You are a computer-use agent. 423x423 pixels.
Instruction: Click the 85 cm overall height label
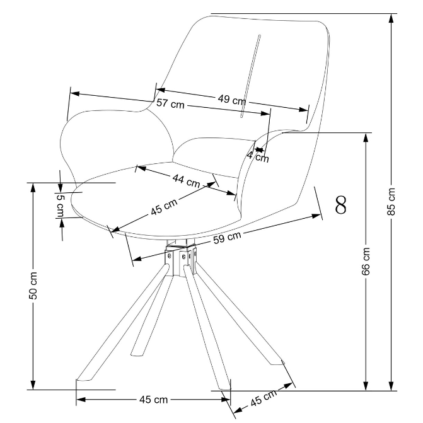[x=391, y=201]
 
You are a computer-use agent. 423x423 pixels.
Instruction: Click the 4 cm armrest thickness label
[x=258, y=156]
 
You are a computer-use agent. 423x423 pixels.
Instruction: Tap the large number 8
[x=341, y=205]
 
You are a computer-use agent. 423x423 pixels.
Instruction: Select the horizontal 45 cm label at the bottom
[x=153, y=399]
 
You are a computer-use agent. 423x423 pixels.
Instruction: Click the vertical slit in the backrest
[x=250, y=76]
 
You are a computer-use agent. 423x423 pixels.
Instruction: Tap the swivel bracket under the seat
[x=181, y=257]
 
